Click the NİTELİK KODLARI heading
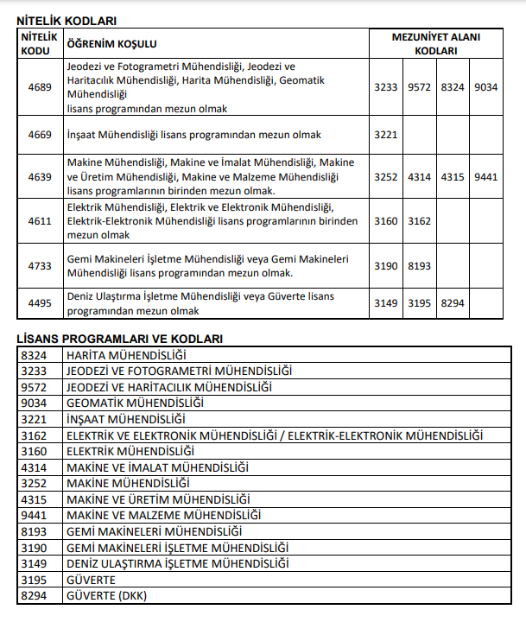pos(67,20)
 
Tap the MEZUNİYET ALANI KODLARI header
pos(435,44)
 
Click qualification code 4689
pos(40,87)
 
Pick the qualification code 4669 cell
pos(40,135)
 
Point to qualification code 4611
pos(40,221)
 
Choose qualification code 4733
pos(40,266)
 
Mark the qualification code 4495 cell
pos(40,303)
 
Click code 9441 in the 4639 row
pos(486,177)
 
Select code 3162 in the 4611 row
pos(419,221)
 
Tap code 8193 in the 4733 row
pos(419,266)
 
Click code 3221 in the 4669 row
pos(386,135)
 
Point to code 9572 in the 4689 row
pos(419,87)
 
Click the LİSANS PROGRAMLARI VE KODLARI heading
pos(120,339)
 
